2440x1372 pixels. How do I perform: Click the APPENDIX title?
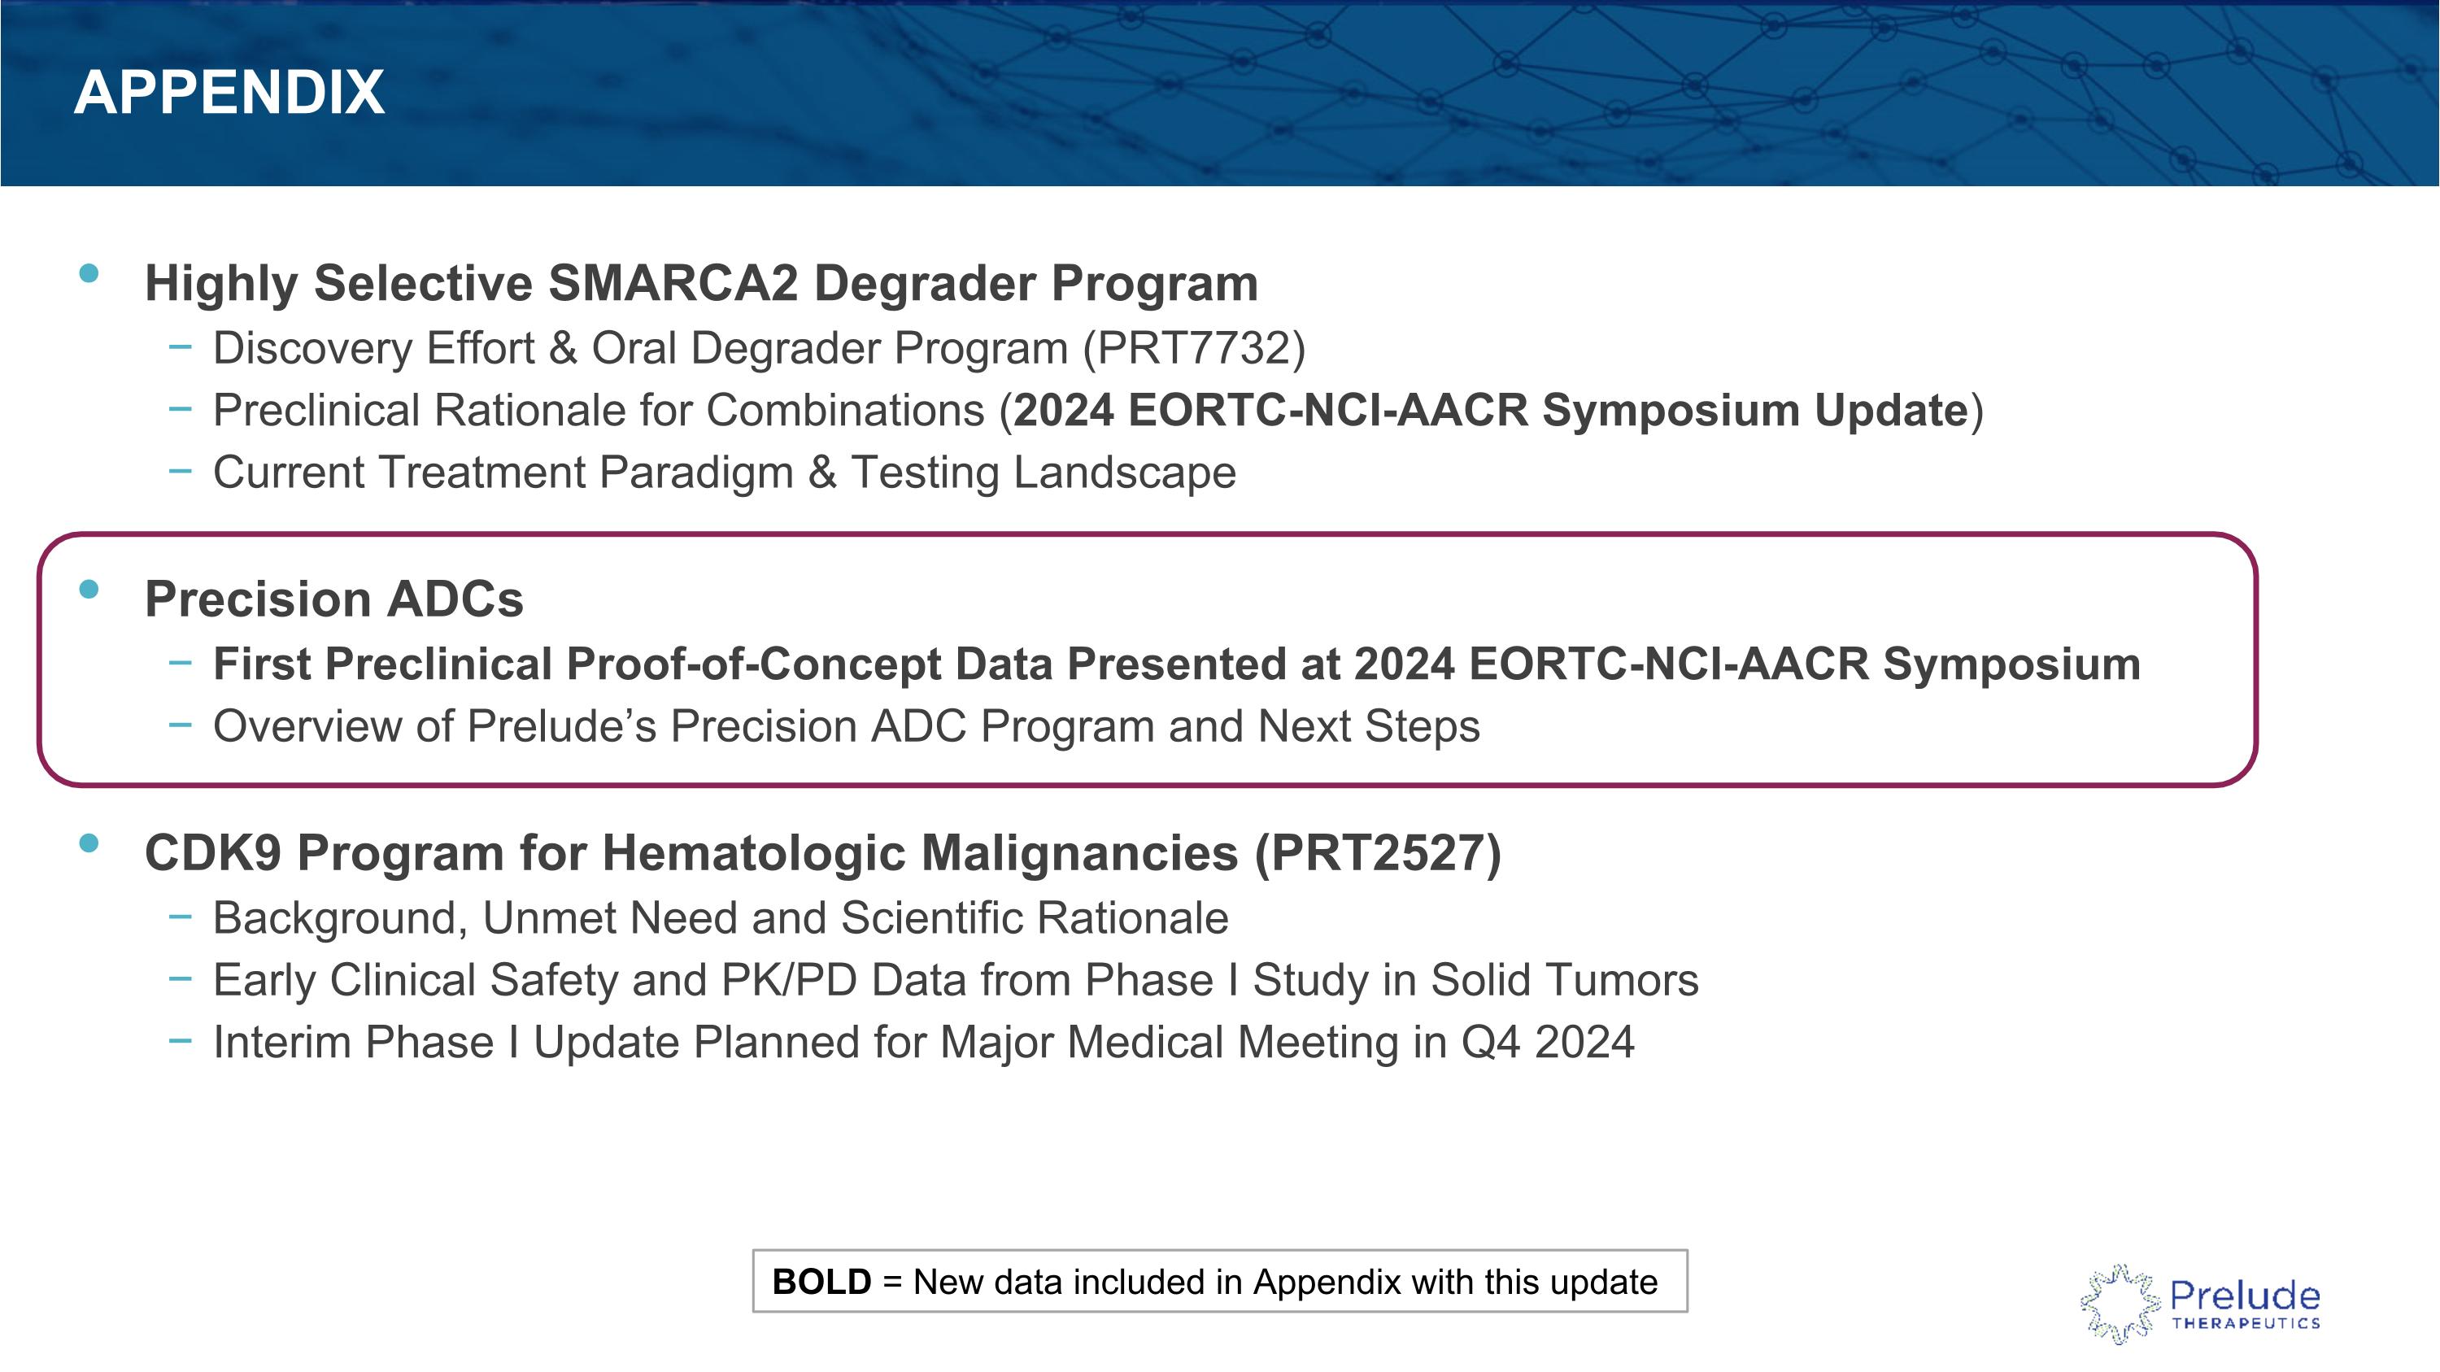[229, 93]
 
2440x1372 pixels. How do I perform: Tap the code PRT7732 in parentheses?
[1193, 347]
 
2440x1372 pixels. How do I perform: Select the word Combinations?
[845, 410]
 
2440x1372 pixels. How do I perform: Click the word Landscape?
[1124, 472]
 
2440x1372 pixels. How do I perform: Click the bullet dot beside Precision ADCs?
[89, 589]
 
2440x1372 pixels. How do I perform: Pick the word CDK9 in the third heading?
[212, 853]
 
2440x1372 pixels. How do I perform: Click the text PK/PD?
[788, 980]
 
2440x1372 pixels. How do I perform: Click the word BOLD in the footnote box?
[821, 1282]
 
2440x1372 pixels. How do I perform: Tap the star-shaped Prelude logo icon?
[2120, 1304]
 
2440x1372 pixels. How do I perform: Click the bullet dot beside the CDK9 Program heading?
[89, 843]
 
